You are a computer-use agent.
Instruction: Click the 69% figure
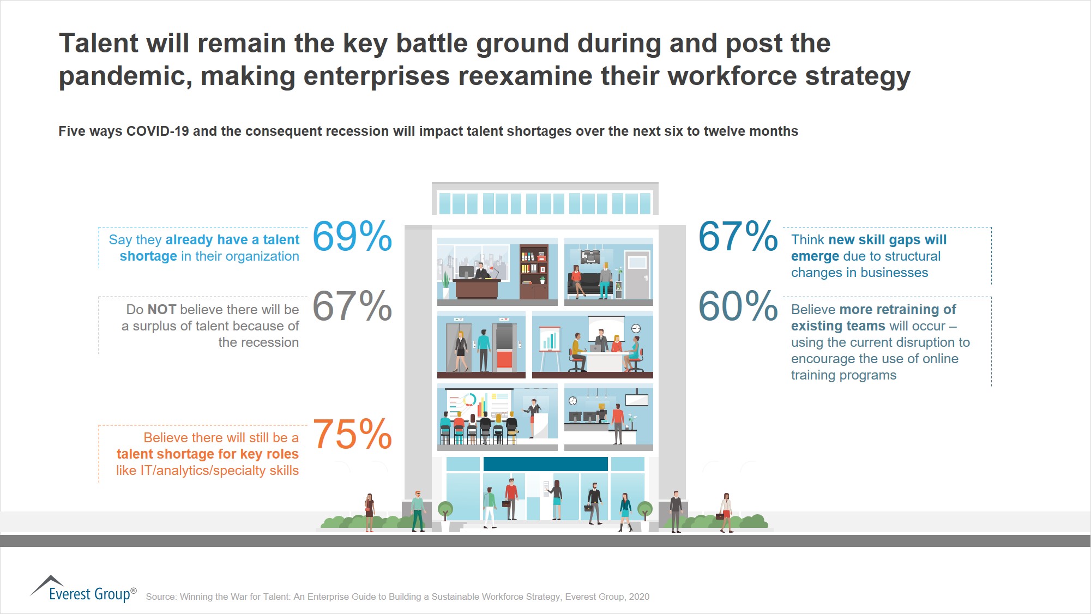[352, 236]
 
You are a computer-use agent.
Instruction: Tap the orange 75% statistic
[352, 435]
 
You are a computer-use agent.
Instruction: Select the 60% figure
[738, 306]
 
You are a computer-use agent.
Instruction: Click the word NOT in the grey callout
[162, 310]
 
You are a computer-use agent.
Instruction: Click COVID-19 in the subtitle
[158, 131]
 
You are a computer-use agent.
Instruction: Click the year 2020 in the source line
[639, 597]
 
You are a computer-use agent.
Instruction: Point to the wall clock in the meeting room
[636, 328]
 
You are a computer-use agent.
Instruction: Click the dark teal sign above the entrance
[545, 464]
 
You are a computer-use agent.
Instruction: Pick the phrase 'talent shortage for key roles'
[207, 454]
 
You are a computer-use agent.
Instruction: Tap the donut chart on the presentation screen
[469, 400]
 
